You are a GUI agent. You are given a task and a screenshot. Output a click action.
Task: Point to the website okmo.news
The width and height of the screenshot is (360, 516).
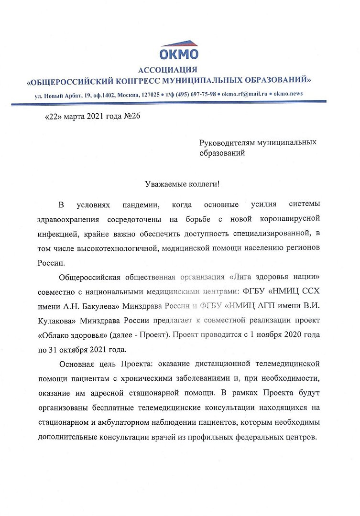288,94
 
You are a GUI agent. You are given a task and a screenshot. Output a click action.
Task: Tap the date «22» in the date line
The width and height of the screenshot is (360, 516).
54,117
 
